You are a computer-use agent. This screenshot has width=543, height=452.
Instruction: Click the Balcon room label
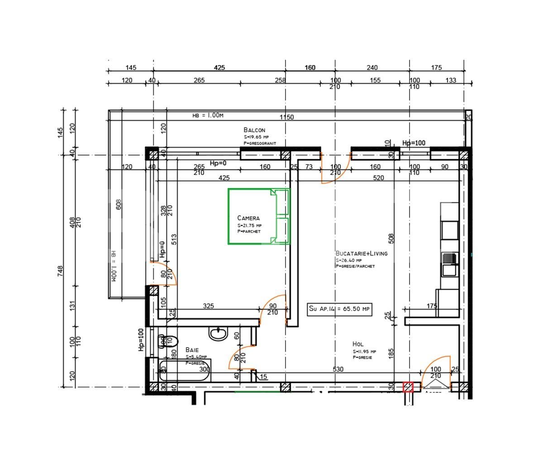pyautogui.click(x=254, y=130)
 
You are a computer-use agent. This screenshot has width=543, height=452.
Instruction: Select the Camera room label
pyautogui.click(x=248, y=218)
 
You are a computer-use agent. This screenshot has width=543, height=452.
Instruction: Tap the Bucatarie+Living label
pyautogui.click(x=361, y=254)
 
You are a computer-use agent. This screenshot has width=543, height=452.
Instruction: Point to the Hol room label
pyautogui.click(x=357, y=344)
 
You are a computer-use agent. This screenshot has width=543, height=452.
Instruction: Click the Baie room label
pyautogui.click(x=192, y=350)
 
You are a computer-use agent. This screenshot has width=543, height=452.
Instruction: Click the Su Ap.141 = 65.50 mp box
pyautogui.click(x=339, y=309)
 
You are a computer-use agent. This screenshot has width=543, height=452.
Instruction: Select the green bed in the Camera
pyautogui.click(x=258, y=217)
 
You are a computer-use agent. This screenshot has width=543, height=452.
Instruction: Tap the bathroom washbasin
pyautogui.click(x=218, y=334)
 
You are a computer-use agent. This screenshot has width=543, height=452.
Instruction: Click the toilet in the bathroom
pyautogui.click(x=168, y=341)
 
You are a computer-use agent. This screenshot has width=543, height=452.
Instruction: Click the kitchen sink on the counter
pyautogui.click(x=450, y=259)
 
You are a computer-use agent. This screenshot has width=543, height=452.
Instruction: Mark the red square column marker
pyautogui.click(x=408, y=387)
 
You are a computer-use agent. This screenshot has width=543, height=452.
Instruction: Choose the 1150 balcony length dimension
pyautogui.click(x=286, y=117)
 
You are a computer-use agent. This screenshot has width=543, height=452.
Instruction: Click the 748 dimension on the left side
pyautogui.click(x=60, y=271)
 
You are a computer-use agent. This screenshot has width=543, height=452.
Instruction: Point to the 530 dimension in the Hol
pyautogui.click(x=338, y=369)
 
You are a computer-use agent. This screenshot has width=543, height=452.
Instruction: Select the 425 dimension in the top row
pyautogui.click(x=219, y=68)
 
